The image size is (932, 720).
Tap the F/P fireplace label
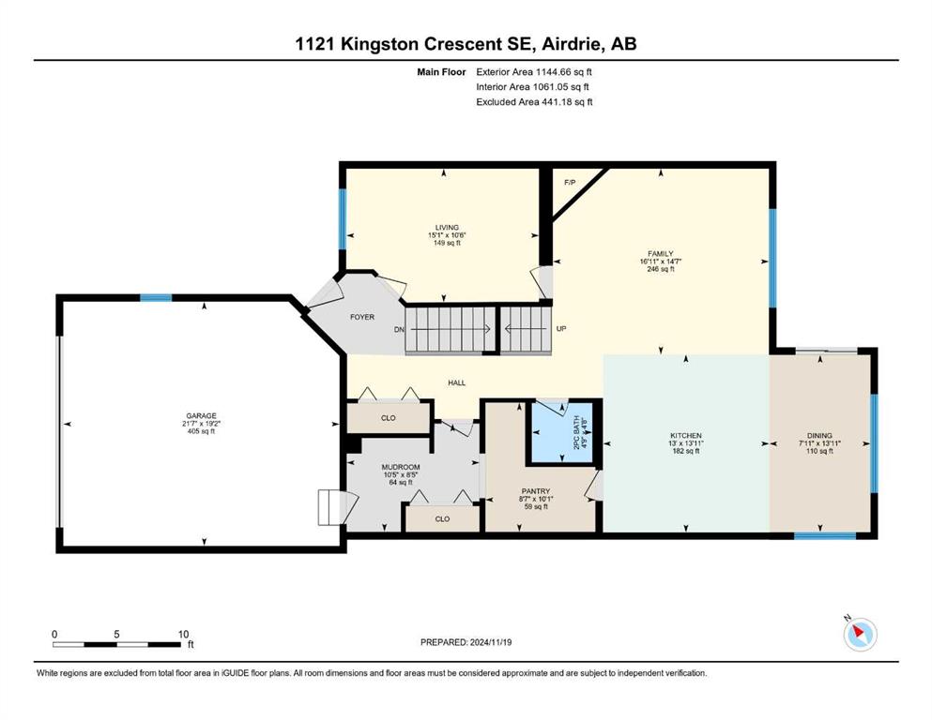click(569, 182)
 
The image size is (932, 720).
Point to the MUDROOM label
click(400, 467)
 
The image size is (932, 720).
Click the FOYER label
click(362, 317)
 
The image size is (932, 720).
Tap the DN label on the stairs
click(398, 329)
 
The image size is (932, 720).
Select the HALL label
click(456, 382)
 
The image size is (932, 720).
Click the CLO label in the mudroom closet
click(442, 518)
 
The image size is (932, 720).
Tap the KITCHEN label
click(685, 436)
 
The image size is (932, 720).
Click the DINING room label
click(819, 436)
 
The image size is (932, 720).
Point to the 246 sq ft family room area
click(661, 269)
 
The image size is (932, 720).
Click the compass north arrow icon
click(859, 634)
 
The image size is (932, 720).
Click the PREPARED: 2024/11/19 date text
click(466, 642)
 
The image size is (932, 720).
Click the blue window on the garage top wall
click(156, 298)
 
